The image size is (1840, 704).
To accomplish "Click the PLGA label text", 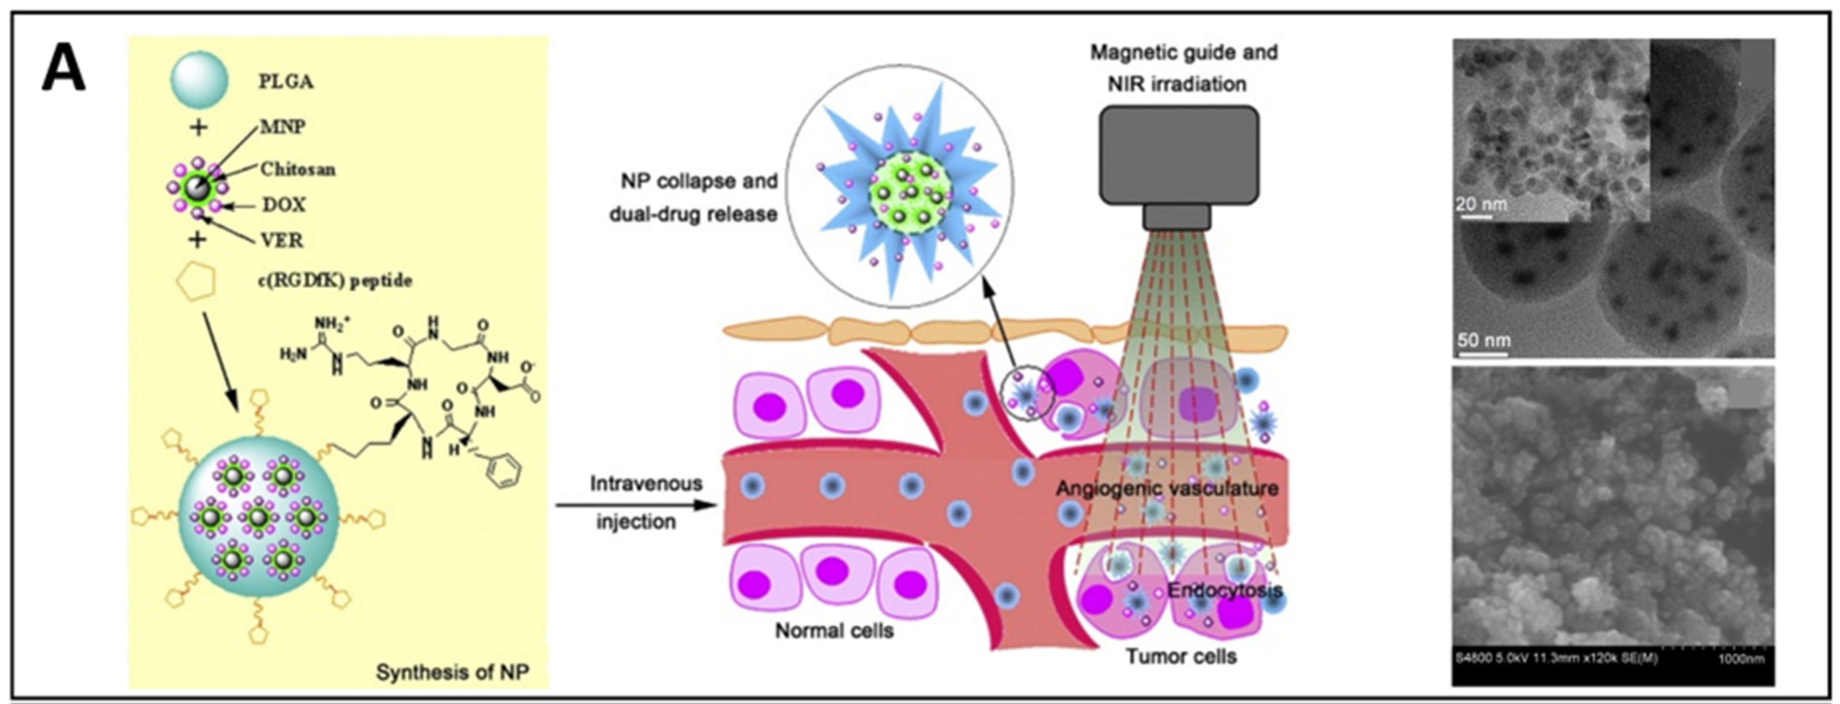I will pyautogui.click(x=286, y=81).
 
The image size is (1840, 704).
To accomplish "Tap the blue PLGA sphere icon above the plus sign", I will pyautogui.click(x=199, y=80).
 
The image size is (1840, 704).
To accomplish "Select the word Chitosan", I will pyautogui.click(x=297, y=169).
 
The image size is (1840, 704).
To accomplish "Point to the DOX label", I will pyautogui.click(x=284, y=205).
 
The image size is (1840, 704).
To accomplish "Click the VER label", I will pyautogui.click(x=282, y=240).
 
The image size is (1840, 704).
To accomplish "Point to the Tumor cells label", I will pyautogui.click(x=1181, y=656).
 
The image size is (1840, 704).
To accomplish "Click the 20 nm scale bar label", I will pyautogui.click(x=1481, y=204).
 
